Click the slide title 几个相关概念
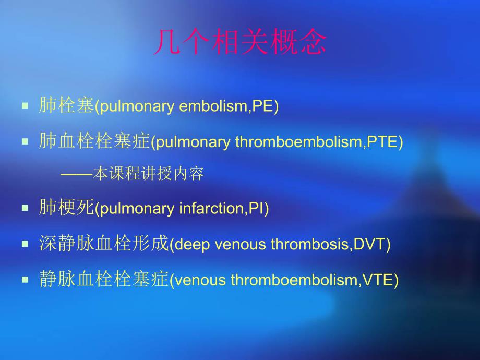240,43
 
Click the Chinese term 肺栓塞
66,105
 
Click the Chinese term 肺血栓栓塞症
94,141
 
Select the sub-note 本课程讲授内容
148,174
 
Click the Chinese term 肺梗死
66,208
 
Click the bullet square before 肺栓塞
25,106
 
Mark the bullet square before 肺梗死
25,209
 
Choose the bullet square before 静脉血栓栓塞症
25,280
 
